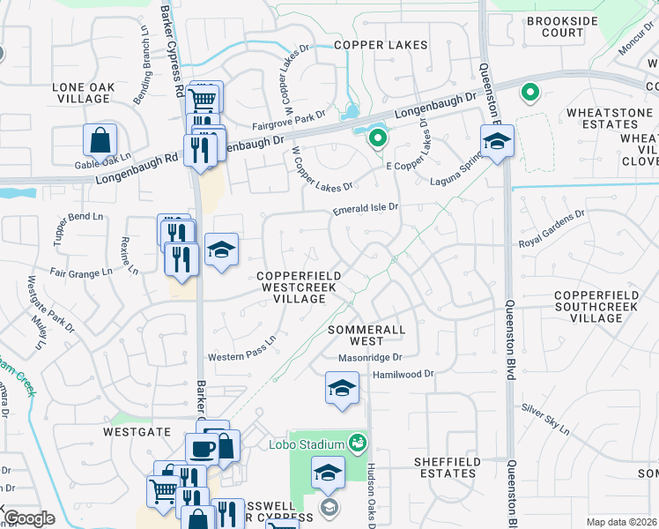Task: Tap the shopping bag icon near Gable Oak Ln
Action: pos(100,139)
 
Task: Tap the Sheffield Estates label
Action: pos(448,467)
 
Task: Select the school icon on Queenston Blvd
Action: pos(497,141)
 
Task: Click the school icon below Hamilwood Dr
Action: pos(342,388)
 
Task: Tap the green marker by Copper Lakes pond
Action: pos(377,138)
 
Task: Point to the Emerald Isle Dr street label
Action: pos(366,209)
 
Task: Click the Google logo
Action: pos(29,518)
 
